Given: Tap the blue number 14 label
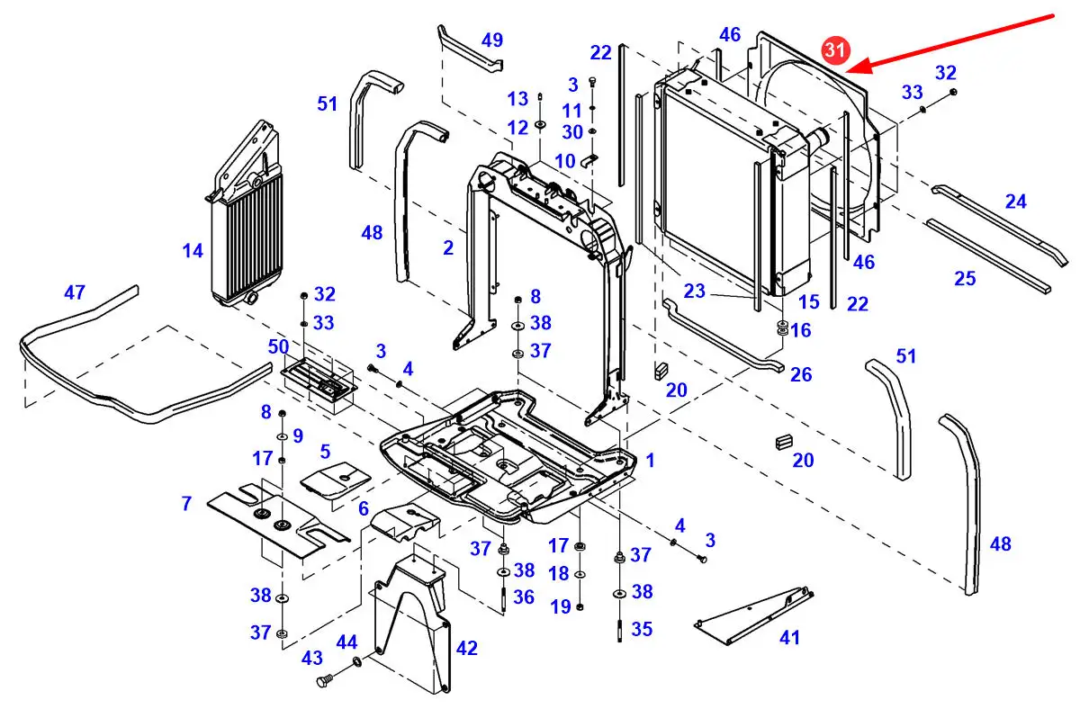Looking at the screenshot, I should point(193,251).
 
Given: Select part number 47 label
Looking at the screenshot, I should point(75,292).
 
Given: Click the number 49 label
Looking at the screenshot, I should point(492,40).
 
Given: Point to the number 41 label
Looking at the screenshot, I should point(789,638).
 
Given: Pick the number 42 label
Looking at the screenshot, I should point(467,648).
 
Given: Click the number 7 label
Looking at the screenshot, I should point(186,504).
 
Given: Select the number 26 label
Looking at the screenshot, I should point(800,373).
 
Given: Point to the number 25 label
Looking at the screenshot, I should point(965,279).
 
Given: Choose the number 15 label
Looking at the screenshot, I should point(809,302).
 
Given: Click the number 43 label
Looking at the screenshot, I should point(312,658).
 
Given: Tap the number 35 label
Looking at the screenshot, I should point(641,629).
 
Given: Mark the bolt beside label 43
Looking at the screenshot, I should point(325,682).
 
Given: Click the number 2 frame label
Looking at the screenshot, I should point(448,248).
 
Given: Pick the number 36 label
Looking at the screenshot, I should point(524,597).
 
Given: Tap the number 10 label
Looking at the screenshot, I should point(564,161).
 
